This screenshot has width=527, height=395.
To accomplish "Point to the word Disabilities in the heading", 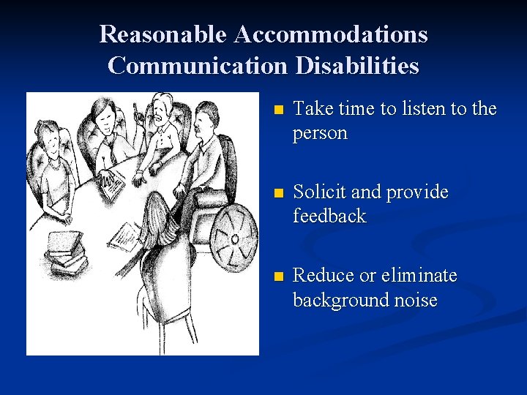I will click(x=357, y=65).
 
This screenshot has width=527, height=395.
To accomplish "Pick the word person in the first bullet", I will click(x=320, y=134).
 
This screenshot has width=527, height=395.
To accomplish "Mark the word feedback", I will click(x=329, y=217).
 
